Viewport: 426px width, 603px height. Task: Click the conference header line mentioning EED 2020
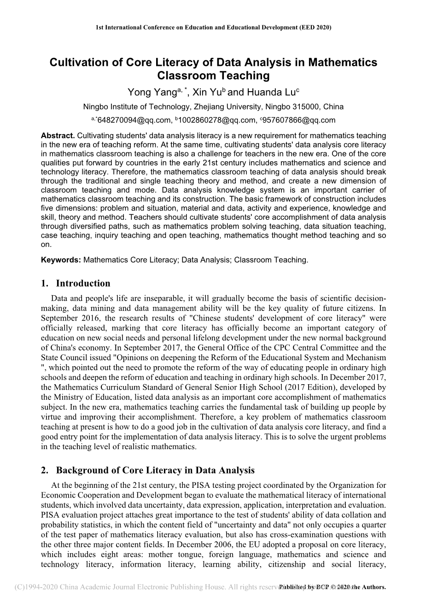213,28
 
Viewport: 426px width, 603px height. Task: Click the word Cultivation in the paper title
76,62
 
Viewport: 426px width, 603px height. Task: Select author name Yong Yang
152,93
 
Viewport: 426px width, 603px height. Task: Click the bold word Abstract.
58,136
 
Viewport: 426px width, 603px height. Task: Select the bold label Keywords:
61,260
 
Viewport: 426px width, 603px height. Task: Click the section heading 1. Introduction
76,283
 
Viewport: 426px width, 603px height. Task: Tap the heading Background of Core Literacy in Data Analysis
155,470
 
